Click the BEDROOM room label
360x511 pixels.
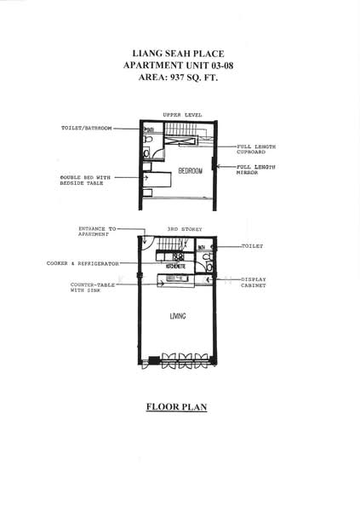(x=190, y=171)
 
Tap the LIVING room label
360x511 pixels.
(x=178, y=316)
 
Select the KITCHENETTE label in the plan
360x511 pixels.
(x=179, y=265)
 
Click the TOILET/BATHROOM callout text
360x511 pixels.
(x=88, y=128)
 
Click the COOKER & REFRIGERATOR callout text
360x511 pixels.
(x=89, y=263)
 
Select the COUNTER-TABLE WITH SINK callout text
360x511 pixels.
(x=92, y=287)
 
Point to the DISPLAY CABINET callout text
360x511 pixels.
(x=254, y=282)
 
